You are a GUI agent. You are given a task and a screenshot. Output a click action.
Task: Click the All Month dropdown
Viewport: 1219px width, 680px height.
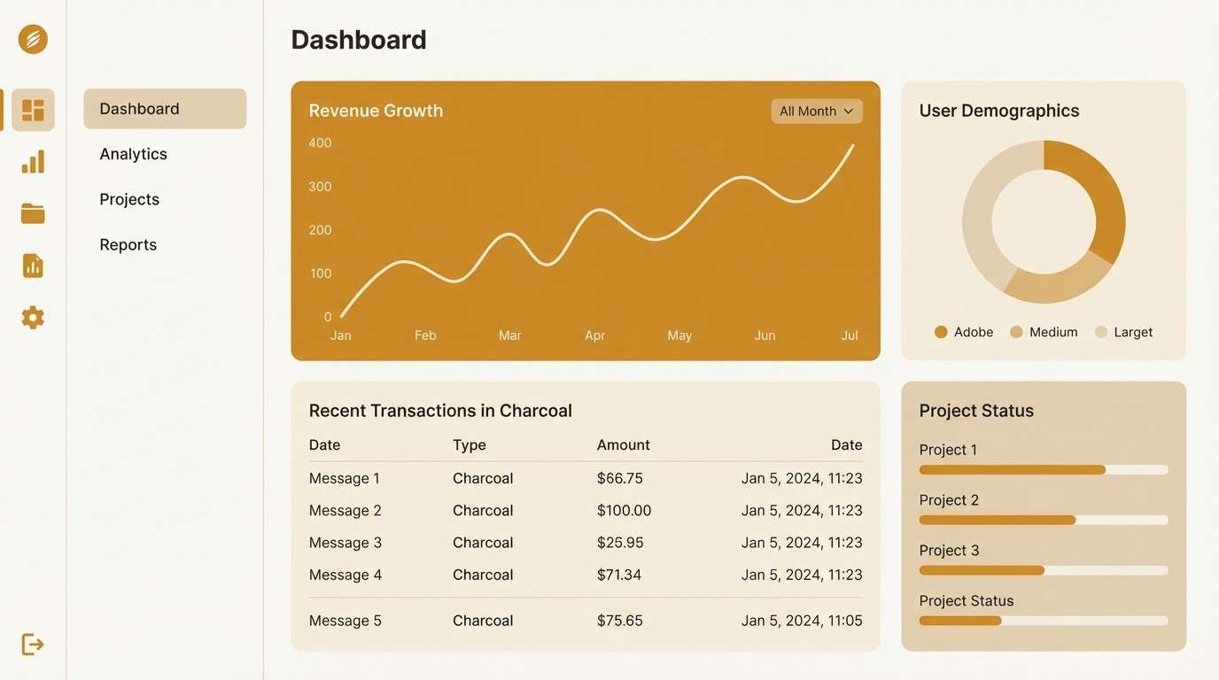point(816,112)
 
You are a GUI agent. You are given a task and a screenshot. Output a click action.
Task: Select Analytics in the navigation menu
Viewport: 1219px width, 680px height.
point(134,154)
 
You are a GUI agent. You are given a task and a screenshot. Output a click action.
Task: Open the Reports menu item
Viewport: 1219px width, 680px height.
point(128,245)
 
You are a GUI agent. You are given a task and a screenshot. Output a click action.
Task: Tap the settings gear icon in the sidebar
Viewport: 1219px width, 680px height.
point(33,318)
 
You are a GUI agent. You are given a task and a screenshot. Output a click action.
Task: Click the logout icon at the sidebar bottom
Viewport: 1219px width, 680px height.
point(33,644)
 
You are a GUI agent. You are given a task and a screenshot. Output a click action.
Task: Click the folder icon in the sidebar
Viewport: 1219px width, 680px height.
point(33,213)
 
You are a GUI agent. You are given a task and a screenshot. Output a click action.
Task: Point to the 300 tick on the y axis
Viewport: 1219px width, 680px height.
point(320,187)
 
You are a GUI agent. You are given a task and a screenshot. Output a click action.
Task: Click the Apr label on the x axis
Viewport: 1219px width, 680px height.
point(594,336)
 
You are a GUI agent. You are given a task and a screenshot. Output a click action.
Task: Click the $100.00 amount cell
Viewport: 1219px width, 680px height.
point(624,511)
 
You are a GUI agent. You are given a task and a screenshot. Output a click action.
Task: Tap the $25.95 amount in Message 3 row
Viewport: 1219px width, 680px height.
point(620,543)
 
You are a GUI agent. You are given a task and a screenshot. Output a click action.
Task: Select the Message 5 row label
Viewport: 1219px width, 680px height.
point(346,621)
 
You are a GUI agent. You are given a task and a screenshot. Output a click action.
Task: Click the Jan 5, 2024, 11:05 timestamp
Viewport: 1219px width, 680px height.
point(802,621)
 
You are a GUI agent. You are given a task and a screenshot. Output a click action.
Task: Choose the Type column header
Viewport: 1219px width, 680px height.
point(470,445)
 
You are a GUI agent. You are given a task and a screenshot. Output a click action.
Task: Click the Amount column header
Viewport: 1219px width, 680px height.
point(624,445)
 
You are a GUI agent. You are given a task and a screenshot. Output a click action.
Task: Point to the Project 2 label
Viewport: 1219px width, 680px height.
point(949,500)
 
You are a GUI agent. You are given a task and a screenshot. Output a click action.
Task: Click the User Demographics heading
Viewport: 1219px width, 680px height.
point(999,111)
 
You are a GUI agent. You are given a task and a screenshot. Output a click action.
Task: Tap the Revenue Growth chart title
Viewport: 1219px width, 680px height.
point(376,111)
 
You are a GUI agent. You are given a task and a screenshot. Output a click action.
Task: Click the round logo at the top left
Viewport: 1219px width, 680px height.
point(33,39)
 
